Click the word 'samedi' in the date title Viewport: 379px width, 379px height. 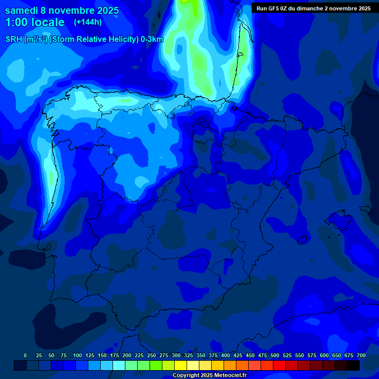[22, 10]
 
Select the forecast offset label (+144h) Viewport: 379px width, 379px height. [87, 22]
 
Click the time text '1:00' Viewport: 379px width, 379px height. [16, 22]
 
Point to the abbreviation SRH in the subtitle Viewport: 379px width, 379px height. [14, 39]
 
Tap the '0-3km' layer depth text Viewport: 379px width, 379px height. [152, 39]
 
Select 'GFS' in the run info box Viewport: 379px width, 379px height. [276, 8]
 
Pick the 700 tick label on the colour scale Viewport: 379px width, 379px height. [361, 355]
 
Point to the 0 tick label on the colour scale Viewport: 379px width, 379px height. [25, 355]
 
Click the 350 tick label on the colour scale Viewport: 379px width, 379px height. [201, 355]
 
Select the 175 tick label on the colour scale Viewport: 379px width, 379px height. [114, 355]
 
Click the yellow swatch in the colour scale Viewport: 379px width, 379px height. [181, 365]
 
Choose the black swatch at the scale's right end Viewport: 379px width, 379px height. [353, 365]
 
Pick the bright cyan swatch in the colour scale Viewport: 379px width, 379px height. [119, 365]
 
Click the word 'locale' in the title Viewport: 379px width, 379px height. [48, 22]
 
